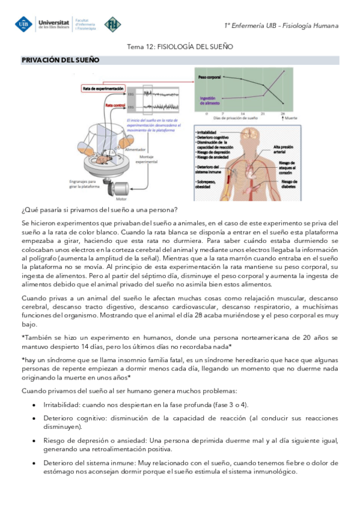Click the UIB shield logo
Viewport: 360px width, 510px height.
(24, 24)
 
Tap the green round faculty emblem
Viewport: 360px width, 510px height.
(112, 24)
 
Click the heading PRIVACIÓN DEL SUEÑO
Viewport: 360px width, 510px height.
(61, 60)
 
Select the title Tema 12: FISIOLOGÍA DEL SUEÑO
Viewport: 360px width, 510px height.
(180, 46)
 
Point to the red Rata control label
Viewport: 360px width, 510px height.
(115, 105)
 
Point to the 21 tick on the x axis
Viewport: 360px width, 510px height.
(263, 113)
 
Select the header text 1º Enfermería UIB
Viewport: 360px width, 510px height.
(255, 25)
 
